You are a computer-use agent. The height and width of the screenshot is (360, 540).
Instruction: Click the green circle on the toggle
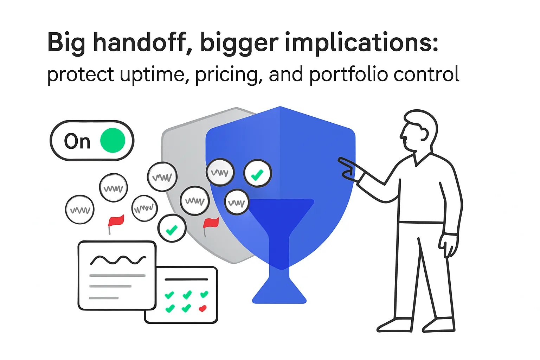click(112, 141)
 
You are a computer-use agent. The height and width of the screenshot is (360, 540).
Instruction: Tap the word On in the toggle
click(77, 141)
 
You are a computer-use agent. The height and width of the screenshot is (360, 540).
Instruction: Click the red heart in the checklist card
click(202, 309)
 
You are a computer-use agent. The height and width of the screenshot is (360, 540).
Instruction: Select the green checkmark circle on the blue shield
click(258, 174)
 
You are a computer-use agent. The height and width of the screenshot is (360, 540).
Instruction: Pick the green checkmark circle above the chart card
click(172, 229)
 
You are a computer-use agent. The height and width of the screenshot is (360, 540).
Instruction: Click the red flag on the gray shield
click(211, 223)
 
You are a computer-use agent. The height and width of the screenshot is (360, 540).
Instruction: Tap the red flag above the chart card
click(116, 221)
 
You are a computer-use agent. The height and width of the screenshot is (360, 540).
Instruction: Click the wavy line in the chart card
click(118, 260)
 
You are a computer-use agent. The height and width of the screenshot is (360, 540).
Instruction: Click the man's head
click(418, 130)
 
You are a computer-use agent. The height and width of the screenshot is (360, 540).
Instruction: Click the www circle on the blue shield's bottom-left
click(236, 202)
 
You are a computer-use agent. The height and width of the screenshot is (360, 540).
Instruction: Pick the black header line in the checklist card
click(186, 279)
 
